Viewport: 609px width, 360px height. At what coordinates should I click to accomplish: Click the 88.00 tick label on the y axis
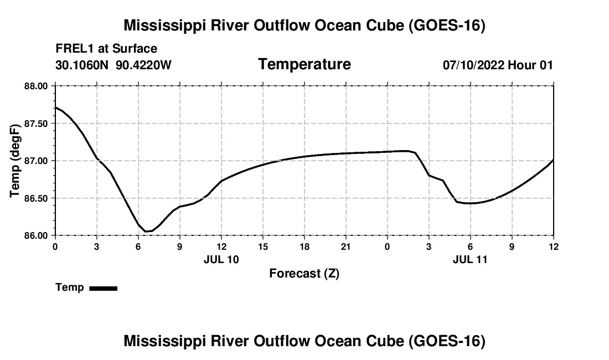point(36,86)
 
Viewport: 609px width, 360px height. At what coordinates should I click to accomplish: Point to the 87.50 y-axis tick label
point(36,124)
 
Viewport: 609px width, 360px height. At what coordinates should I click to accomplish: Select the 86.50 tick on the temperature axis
point(36,198)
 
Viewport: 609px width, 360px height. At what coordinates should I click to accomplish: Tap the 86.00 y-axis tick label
point(36,235)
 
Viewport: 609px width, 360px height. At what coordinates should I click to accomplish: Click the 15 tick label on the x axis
point(263,246)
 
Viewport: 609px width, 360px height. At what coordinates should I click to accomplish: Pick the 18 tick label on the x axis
point(304,246)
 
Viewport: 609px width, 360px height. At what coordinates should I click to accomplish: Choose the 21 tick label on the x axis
point(345,246)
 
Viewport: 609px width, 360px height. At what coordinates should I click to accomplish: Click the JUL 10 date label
point(221,259)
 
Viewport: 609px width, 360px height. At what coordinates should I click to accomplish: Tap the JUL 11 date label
point(470,259)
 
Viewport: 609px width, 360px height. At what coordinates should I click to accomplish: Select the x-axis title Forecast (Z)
point(304,274)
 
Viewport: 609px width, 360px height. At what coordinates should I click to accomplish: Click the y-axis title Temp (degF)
point(15,161)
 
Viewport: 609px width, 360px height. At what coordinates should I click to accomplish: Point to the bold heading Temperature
point(304,64)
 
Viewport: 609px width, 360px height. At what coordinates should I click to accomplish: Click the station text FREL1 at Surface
point(106,49)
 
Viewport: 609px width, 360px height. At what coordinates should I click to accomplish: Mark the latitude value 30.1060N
point(82,65)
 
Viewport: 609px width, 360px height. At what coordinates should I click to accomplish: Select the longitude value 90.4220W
point(144,65)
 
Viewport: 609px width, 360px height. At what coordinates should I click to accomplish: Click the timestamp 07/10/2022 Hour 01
point(498,65)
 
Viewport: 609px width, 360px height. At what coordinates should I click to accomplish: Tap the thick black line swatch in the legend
point(104,288)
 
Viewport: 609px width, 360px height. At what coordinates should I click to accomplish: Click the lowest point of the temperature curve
point(146,232)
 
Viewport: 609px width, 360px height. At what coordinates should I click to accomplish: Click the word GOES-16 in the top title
point(447,25)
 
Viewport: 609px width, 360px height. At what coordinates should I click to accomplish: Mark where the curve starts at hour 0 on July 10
point(55,107)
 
